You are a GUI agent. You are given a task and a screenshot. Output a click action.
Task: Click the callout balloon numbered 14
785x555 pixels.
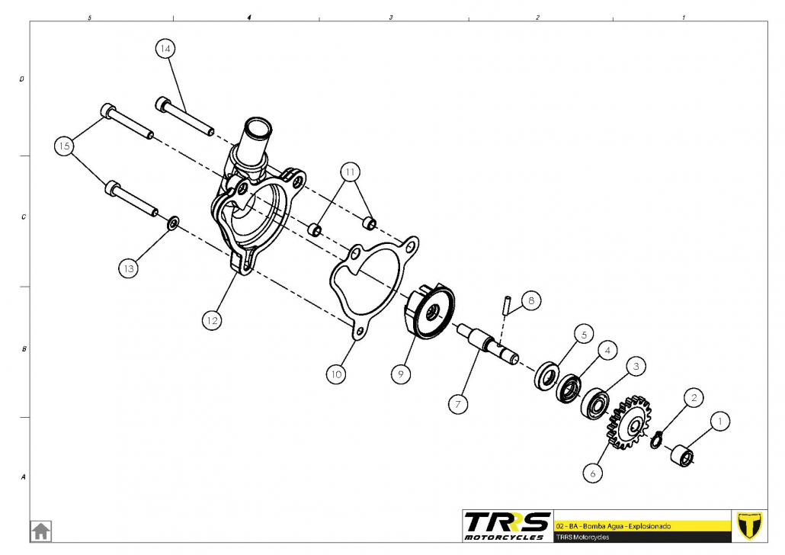coord(165,49)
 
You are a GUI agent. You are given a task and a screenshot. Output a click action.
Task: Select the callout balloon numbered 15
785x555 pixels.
coord(64,146)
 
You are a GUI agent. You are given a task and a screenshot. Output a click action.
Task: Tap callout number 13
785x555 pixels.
coord(129,268)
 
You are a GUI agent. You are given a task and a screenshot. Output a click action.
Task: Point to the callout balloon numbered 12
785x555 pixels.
coord(212,321)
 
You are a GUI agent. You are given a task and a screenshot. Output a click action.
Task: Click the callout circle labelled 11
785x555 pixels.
coord(351,172)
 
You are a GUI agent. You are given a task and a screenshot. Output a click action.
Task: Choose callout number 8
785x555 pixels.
coord(531,300)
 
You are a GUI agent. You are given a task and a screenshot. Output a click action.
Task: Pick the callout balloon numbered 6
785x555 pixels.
coord(593,473)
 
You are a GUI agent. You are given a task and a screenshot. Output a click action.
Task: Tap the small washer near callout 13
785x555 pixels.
coord(173,223)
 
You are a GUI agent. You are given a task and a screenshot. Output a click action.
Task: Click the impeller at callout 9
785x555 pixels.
coord(429,310)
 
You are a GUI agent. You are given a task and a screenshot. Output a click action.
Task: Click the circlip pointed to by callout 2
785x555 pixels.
coord(657,440)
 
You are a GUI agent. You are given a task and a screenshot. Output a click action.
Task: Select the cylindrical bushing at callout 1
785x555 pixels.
coord(682,455)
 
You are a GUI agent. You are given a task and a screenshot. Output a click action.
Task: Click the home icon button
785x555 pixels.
coord(40,531)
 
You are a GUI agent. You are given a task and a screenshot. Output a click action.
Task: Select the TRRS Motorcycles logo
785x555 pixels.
coord(507,526)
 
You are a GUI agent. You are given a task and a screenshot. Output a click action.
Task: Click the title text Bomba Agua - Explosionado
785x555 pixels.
coord(626,526)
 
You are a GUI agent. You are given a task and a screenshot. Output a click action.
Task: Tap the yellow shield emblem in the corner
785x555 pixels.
coord(749,526)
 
